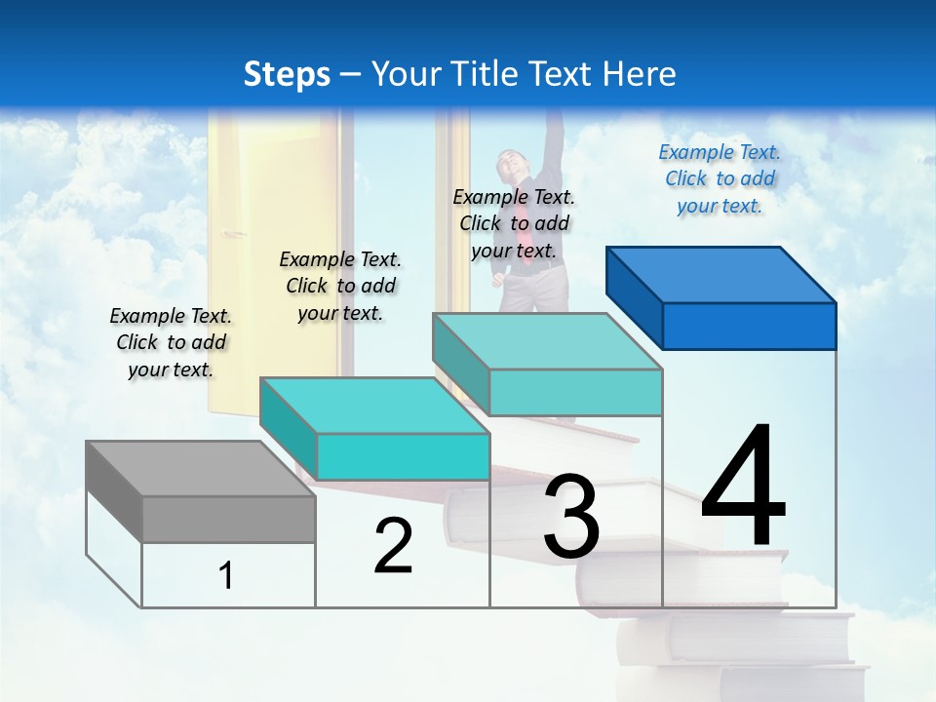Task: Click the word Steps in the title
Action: click(x=287, y=74)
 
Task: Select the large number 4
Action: click(x=743, y=487)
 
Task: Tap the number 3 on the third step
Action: click(x=571, y=517)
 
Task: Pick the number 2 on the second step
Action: click(x=393, y=546)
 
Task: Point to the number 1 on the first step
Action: click(x=226, y=575)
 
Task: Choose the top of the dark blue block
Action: click(x=721, y=275)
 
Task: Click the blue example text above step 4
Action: click(x=720, y=178)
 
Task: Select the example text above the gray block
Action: click(x=171, y=342)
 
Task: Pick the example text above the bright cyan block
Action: click(x=340, y=286)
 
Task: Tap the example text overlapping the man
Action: click(x=514, y=223)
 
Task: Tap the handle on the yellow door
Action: click(x=232, y=234)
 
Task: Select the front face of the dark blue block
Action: click(x=749, y=326)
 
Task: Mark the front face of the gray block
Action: click(x=229, y=519)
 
